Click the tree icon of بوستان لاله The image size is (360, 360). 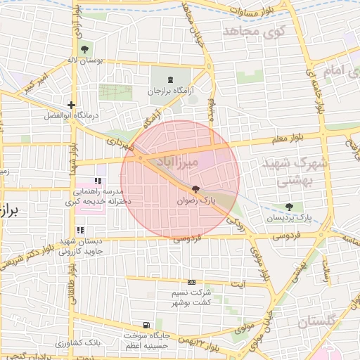point(84,49)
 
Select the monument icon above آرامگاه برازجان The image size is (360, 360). point(173,79)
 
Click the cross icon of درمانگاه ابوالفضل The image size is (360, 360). point(71,105)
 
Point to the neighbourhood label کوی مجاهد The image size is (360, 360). point(255,31)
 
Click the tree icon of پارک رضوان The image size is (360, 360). point(195,189)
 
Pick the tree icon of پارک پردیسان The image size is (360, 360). point(290,207)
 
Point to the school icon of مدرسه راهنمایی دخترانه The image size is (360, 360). point(98,181)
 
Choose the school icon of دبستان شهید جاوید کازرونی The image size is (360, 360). point(80,230)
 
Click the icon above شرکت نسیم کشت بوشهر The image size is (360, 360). point(193,282)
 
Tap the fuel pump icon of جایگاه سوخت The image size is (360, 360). point(146,325)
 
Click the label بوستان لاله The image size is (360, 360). point(104,61)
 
